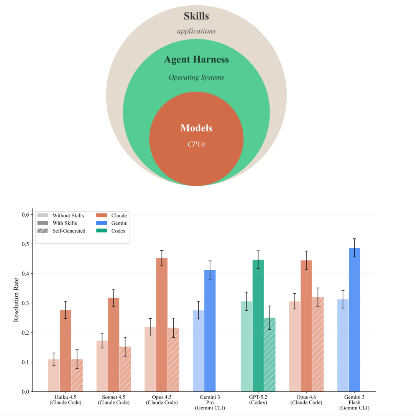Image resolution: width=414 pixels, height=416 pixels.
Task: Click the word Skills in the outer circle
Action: [196, 16]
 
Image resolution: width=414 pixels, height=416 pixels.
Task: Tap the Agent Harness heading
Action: [196, 60]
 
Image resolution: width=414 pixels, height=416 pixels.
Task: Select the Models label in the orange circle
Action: [196, 128]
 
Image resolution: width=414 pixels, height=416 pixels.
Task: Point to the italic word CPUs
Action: [196, 144]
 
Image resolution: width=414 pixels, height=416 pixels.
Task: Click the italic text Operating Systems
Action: [196, 77]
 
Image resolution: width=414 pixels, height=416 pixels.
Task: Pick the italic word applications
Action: [196, 31]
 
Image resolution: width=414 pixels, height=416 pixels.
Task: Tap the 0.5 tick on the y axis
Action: [27, 244]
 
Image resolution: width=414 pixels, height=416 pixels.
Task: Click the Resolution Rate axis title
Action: [16, 303]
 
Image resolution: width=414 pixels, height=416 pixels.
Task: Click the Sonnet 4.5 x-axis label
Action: [113, 400]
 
